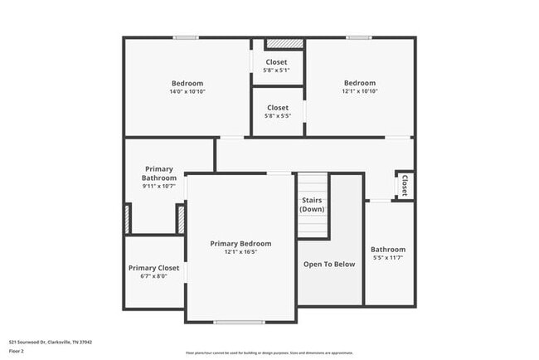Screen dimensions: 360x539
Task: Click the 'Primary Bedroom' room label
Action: pos(240,243)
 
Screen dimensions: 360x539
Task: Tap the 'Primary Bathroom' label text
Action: pos(159,173)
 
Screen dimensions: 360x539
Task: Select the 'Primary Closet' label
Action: pos(153,268)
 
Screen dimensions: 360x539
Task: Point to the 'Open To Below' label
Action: pos(329,264)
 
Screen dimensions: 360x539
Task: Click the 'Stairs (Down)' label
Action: pos(312,205)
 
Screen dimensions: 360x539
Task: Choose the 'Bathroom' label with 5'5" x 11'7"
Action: pos(388,249)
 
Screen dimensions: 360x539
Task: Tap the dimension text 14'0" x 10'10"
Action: pos(187,91)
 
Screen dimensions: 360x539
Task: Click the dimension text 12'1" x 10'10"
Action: pos(360,91)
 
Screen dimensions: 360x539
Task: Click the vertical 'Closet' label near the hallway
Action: pos(405,184)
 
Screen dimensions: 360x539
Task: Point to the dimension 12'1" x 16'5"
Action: pos(240,252)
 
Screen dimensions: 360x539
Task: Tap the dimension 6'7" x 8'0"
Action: pos(153,276)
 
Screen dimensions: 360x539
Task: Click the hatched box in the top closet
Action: pos(278,43)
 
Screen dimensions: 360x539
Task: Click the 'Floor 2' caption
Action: pos(17,351)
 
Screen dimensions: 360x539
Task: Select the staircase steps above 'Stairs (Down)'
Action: pos(313,183)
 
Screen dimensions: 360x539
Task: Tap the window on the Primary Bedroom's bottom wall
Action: pos(240,322)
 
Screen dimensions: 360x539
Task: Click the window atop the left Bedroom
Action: pos(186,37)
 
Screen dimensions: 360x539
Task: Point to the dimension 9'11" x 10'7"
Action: pos(159,186)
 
